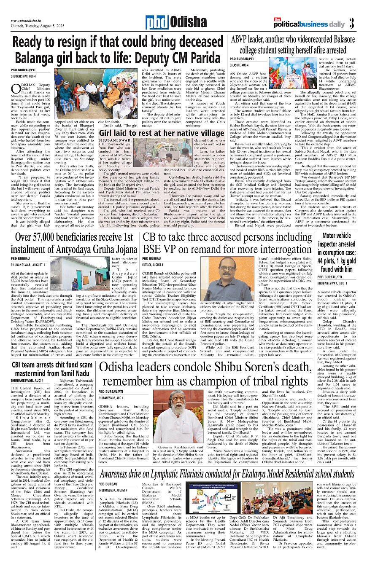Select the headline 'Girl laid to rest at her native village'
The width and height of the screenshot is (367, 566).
[162, 133]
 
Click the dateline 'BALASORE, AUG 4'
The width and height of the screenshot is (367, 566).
[242, 65]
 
